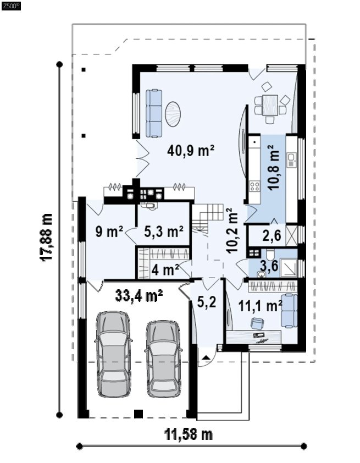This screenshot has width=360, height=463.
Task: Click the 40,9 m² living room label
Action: pos(191,151)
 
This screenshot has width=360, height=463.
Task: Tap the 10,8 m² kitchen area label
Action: pos(273,167)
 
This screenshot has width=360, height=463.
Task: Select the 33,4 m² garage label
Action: pos(139,295)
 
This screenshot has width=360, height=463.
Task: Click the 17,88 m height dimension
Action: pos(46,237)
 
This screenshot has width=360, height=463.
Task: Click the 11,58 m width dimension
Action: pos(189,434)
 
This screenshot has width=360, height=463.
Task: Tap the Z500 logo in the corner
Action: pos(11,5)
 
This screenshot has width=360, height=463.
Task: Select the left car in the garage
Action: pos(114,354)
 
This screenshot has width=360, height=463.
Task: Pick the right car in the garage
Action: pos(163,359)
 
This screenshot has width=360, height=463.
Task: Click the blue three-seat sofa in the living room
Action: pos(154,114)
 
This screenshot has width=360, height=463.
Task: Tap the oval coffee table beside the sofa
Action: pos(173,114)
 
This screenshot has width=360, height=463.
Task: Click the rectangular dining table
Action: pos(270,105)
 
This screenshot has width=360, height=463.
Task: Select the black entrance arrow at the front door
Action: pos(206,357)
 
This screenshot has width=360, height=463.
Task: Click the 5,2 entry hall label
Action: pos(206,302)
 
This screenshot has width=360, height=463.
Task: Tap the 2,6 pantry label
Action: pos(272,236)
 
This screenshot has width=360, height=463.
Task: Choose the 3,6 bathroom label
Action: pos(269,265)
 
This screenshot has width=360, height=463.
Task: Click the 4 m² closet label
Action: pos(165,269)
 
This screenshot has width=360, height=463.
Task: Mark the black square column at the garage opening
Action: pos(139,414)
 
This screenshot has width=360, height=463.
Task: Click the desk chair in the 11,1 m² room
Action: pos(257,323)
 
